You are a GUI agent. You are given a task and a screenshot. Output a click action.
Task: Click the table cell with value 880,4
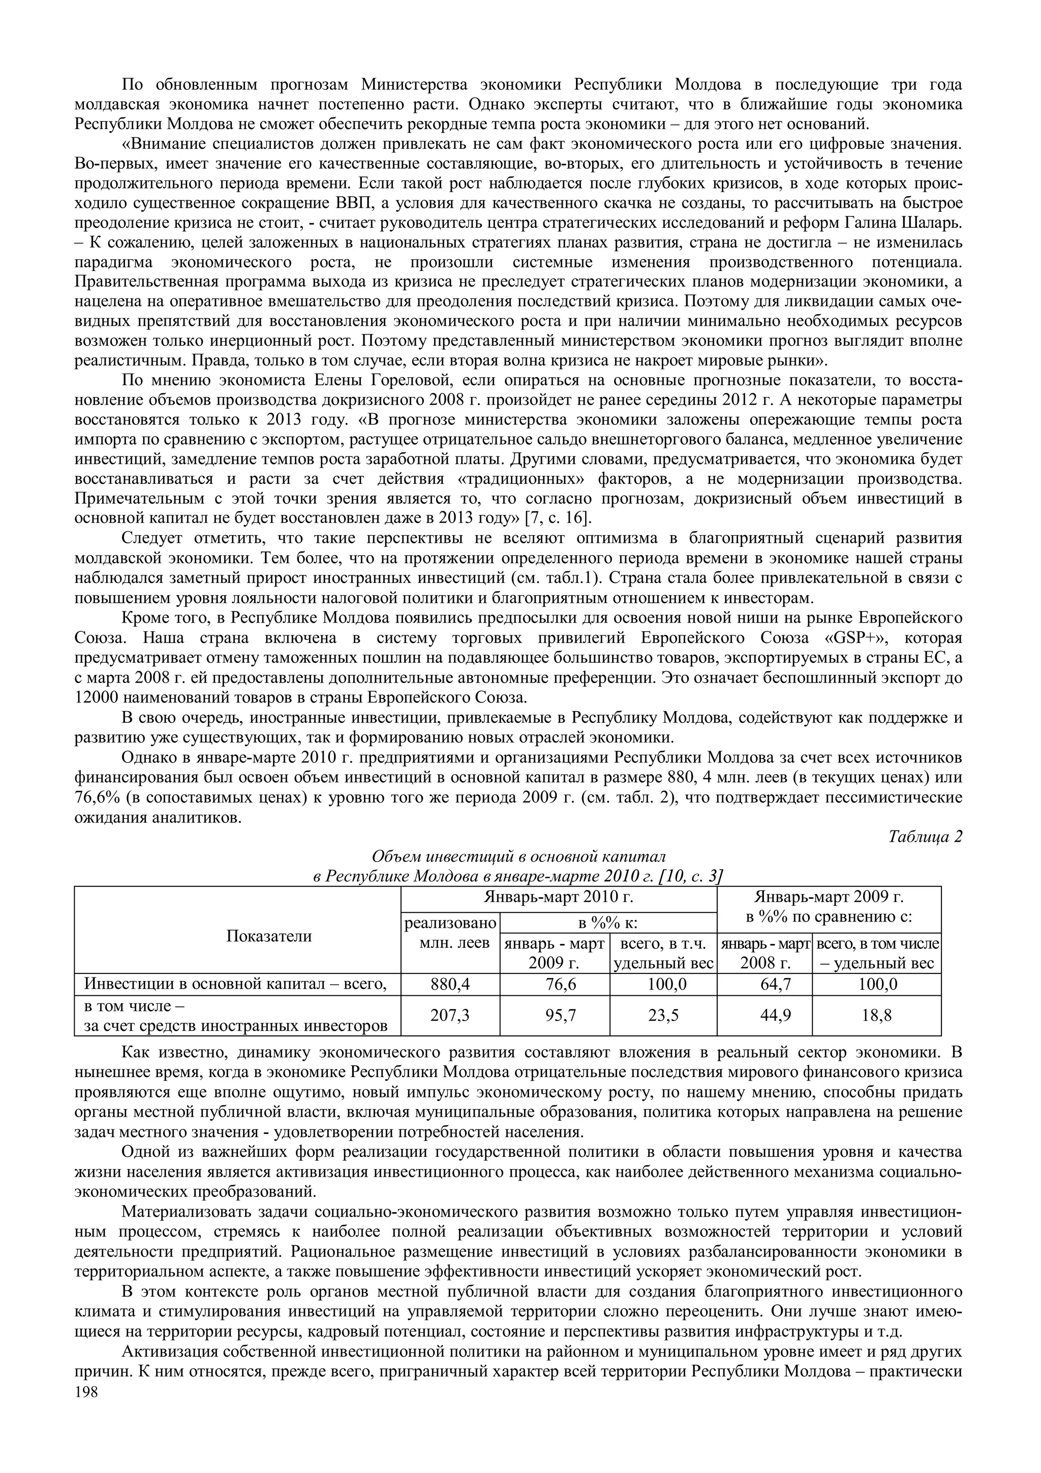coord(450,984)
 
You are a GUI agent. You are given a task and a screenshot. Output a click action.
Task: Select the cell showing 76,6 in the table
coord(555,984)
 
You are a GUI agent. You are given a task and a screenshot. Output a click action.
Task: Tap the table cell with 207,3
coord(450,1015)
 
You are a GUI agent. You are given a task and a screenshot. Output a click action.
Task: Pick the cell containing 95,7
coord(555,1015)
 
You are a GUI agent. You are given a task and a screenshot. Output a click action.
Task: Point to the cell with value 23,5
coord(663,1015)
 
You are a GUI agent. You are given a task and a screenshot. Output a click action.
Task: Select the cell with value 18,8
coord(876,1015)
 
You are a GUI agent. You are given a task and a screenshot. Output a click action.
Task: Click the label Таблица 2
coord(925,837)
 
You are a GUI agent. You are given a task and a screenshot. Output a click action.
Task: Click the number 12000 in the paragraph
coord(96,697)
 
